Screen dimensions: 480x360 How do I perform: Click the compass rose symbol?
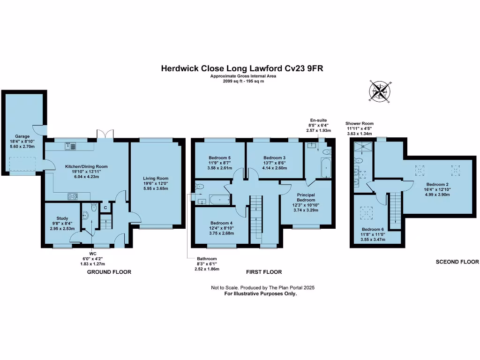tap(380, 91)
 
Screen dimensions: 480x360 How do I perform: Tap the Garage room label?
tap(22, 136)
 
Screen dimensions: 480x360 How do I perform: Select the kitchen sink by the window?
tap(70, 146)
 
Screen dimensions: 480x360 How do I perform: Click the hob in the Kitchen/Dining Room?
tap(73, 196)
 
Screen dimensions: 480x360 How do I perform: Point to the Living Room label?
tap(156, 178)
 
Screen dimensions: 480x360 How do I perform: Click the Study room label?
tap(62, 218)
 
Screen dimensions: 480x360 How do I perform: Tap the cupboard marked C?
tap(105, 208)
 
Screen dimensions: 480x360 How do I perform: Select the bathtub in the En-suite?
tap(326, 167)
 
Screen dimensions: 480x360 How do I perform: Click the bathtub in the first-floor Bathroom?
tap(220, 200)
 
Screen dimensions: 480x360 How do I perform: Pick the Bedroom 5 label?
tap(219, 158)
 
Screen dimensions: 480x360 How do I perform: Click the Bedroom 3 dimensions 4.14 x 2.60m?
tap(275, 168)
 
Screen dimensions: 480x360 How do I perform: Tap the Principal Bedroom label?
tap(306, 197)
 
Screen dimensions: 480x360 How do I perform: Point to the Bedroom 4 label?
tap(221, 223)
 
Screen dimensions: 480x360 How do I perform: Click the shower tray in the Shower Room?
tap(363, 146)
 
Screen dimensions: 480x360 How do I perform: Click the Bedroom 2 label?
tap(437, 184)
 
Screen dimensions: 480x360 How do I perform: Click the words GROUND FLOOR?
tap(109, 272)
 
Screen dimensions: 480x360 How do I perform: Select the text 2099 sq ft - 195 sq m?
tap(243, 81)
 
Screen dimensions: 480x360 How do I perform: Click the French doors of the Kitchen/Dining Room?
tap(105, 134)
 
